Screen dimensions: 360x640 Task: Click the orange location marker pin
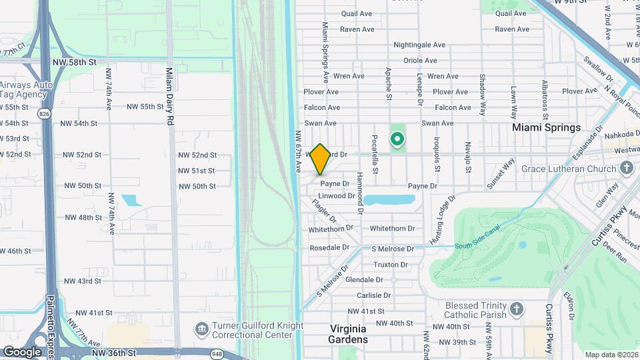[x=321, y=159]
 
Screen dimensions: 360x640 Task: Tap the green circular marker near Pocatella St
[x=397, y=139]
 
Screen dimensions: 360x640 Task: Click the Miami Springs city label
[x=546, y=127]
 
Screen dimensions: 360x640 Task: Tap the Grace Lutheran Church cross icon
[x=626, y=169]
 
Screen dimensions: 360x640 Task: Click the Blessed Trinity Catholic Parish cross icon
[x=516, y=309]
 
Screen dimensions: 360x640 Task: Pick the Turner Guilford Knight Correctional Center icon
[x=201, y=330]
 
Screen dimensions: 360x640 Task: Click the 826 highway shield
[x=44, y=114]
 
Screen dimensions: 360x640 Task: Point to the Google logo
[x=22, y=352]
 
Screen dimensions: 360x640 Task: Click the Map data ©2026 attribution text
[x=611, y=355]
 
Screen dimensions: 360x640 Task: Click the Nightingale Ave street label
[x=419, y=45]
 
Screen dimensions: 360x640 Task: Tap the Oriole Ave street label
[x=420, y=61]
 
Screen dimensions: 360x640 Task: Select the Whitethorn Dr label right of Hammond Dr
[x=392, y=229]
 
